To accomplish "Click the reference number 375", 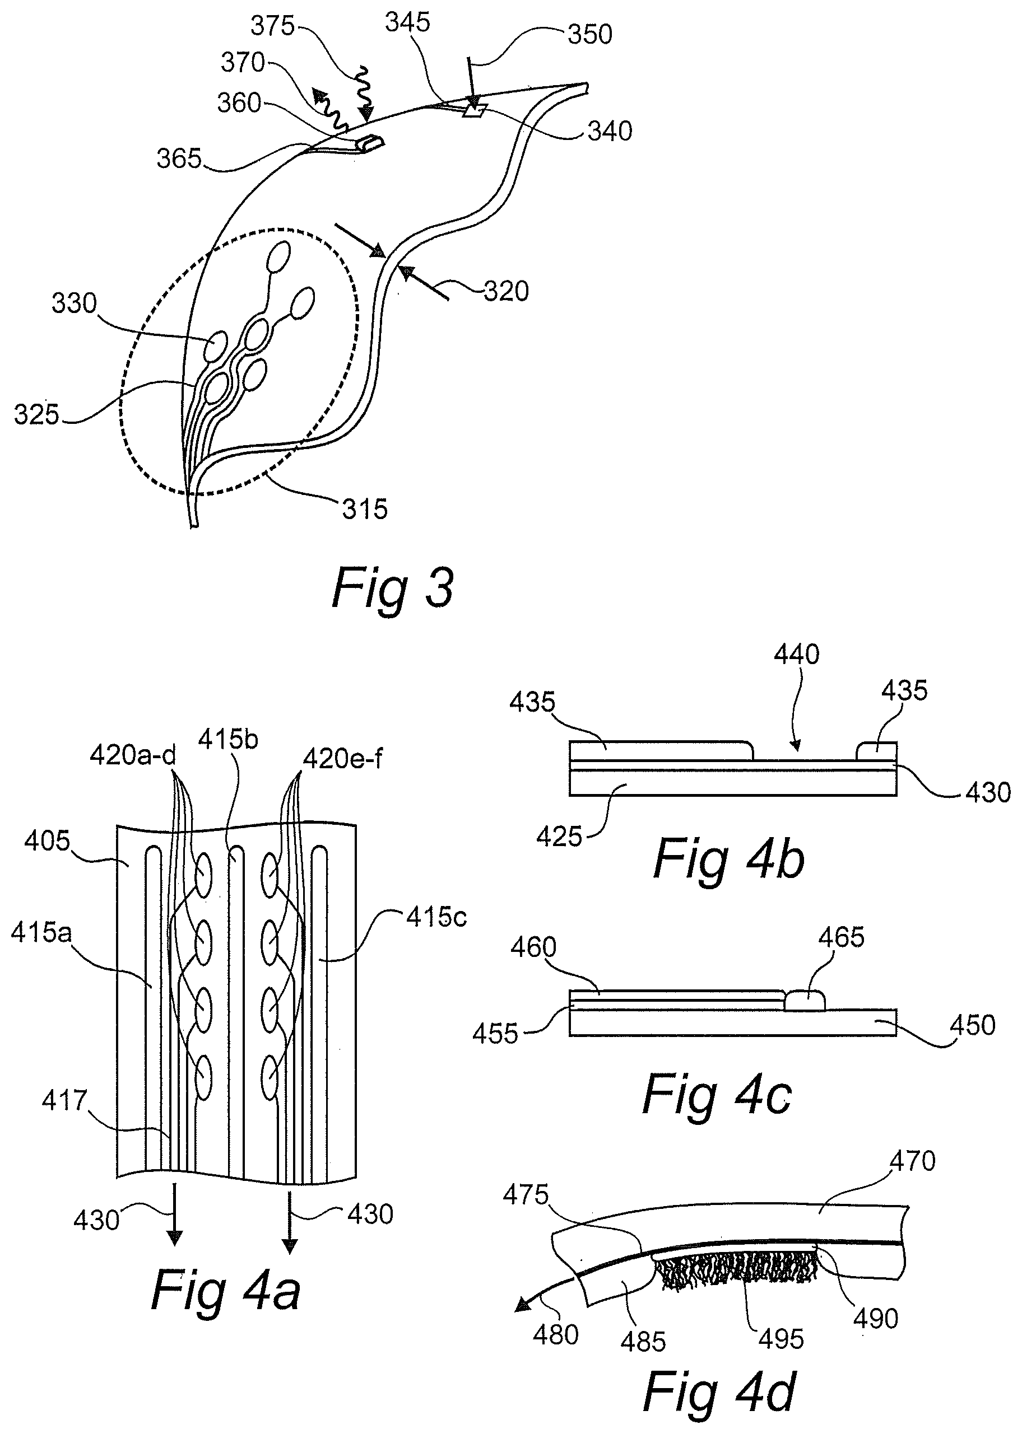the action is tap(273, 26).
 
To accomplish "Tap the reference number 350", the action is tap(589, 35).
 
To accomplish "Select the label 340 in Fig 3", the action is tap(610, 132).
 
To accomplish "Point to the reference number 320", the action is tap(506, 291).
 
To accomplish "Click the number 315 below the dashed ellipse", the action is tap(365, 509).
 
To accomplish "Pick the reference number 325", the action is tap(37, 415).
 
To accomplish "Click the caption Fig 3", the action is tap(392, 588).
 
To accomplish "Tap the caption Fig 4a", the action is tap(225, 1289).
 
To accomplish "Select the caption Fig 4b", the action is tap(729, 859).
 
